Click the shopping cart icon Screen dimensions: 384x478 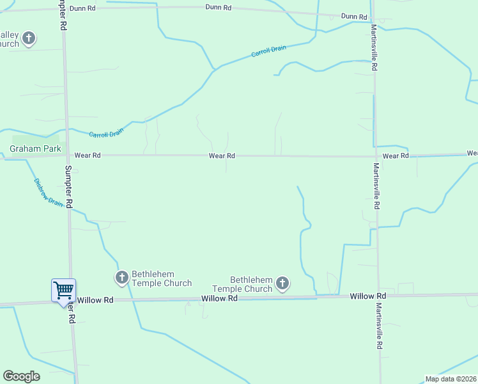[x=63, y=291]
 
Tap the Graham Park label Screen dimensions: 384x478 [x=35, y=149]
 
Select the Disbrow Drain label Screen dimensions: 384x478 [x=48, y=192]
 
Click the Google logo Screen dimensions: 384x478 [x=21, y=376]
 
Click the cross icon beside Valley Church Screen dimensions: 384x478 [x=28, y=39]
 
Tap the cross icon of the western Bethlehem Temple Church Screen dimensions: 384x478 [x=121, y=278]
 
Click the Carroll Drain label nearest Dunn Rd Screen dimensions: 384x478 [x=268, y=51]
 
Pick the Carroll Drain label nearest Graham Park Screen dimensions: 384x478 [x=106, y=133]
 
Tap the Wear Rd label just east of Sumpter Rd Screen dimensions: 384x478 [x=88, y=155]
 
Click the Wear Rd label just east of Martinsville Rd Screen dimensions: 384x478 [x=396, y=156]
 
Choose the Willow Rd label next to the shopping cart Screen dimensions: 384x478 [x=95, y=300]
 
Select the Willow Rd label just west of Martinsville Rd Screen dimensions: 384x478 [x=367, y=296]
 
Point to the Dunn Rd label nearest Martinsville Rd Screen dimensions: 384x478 [x=354, y=16]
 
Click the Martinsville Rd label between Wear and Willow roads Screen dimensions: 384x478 [x=376, y=186]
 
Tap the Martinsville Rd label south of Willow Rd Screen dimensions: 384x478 [x=379, y=326]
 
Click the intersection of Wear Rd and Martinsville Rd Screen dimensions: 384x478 [x=375, y=156]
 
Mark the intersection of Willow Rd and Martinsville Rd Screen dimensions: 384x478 [x=378, y=295]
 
